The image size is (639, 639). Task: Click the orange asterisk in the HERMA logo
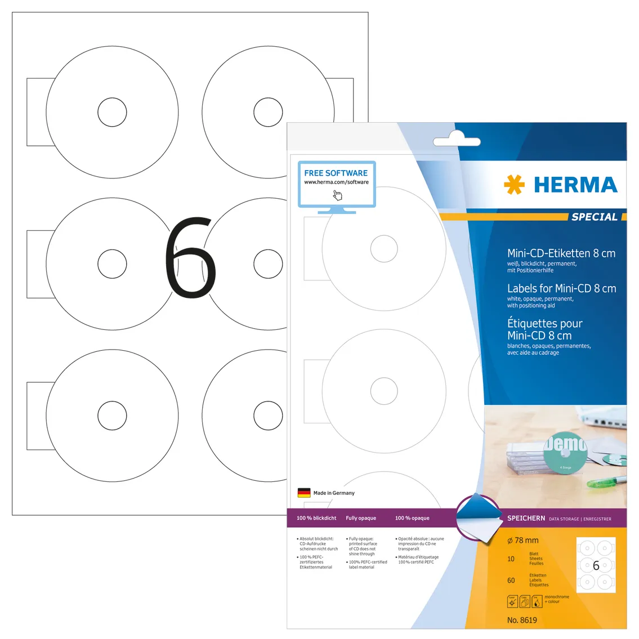(513, 185)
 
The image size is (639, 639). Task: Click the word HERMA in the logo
(575, 185)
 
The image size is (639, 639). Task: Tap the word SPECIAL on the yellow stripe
(594, 217)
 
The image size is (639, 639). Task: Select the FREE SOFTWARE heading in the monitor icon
(336, 173)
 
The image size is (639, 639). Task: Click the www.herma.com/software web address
(336, 182)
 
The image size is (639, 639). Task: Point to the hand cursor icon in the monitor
(337, 195)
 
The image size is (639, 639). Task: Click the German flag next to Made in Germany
(304, 493)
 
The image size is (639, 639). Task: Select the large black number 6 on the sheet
(190, 258)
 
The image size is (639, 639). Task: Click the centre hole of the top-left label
(112, 112)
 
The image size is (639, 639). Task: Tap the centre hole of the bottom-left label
(112, 416)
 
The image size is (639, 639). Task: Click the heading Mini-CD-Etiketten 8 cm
(561, 253)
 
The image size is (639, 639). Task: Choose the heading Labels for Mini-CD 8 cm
(561, 288)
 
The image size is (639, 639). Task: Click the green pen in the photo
(606, 481)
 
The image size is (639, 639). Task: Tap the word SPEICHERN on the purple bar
(526, 518)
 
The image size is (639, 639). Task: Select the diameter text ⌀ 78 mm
(522, 540)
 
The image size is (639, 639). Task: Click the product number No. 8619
(522, 620)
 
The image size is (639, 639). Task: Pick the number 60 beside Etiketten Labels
(511, 580)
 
